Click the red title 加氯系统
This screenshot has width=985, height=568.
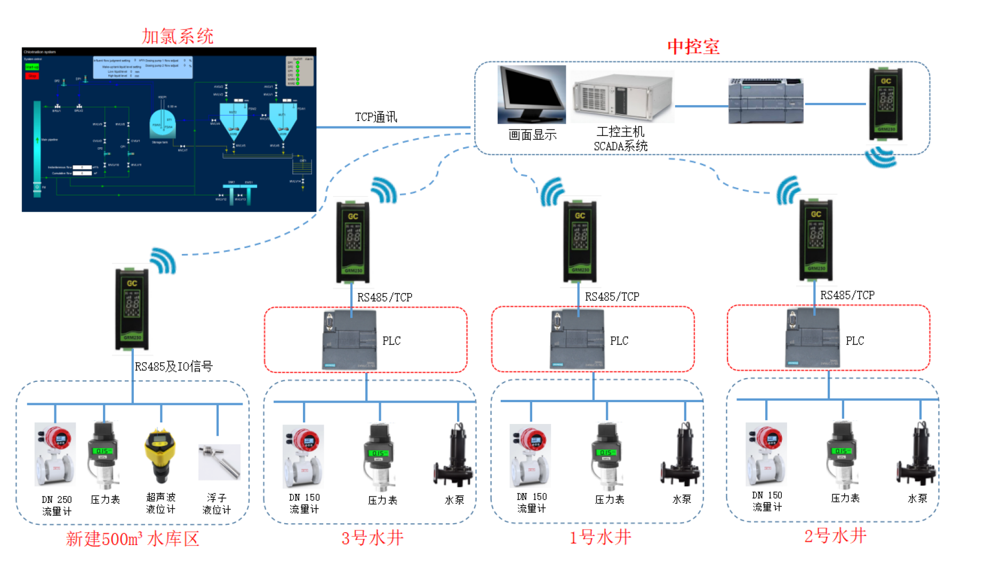tap(178, 36)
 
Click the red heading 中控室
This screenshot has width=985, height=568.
tap(693, 47)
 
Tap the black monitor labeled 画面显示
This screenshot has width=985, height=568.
tap(531, 94)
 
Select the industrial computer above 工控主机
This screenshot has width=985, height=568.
tap(622, 98)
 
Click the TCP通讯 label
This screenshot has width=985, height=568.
tap(376, 117)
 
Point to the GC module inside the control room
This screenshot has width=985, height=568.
tap(886, 104)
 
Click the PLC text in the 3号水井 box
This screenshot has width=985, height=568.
tap(391, 341)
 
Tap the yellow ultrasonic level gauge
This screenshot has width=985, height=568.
tap(160, 455)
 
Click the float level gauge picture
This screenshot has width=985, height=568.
tap(219, 462)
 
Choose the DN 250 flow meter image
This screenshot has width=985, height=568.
tap(55, 454)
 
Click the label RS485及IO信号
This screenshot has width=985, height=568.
tap(173, 366)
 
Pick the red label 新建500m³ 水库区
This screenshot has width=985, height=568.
tap(132, 539)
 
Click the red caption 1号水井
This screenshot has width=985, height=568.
tap(600, 537)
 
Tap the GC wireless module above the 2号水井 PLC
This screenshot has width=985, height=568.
tap(815, 239)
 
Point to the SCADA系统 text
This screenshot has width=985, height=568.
tap(621, 146)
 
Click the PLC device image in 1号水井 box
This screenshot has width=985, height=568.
tap(577, 339)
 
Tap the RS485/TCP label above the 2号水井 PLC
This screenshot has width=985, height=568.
tap(847, 295)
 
